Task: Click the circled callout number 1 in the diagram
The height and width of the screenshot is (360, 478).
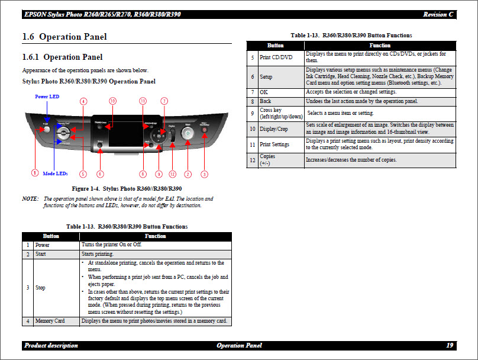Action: point(35,173)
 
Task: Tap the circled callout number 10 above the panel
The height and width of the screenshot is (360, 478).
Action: point(112,101)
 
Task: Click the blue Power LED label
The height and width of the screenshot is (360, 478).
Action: point(47,96)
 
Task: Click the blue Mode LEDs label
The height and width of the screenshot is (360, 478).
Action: point(55,173)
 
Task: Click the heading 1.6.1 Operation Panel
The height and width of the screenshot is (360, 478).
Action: point(62,57)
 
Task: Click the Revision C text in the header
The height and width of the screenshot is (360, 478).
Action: point(438,14)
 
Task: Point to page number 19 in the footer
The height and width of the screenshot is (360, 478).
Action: point(450,345)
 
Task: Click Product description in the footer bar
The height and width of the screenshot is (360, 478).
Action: point(51,345)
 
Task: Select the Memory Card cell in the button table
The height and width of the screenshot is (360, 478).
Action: point(50,321)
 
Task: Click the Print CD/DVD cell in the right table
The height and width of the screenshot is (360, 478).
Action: point(276,57)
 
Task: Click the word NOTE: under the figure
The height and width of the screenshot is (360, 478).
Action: point(30,199)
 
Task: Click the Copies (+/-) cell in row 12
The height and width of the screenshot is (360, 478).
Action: point(267,160)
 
